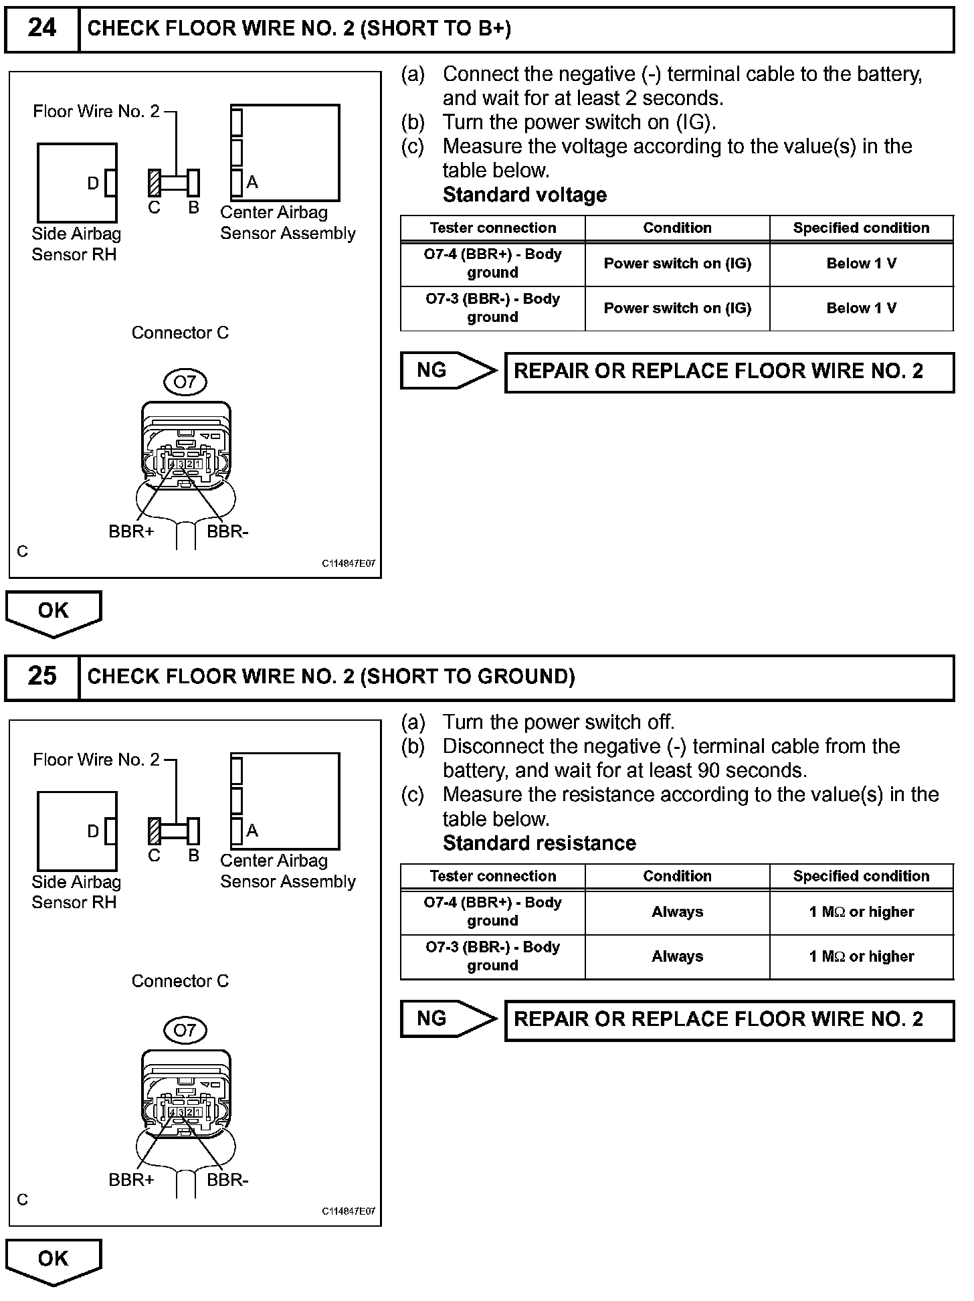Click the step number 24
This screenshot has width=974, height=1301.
tap(41, 29)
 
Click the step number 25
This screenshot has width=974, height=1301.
tap(41, 677)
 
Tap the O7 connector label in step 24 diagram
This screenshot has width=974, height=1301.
tap(185, 382)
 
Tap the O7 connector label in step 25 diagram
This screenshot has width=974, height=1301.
tap(185, 1031)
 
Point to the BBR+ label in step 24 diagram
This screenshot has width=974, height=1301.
tap(131, 532)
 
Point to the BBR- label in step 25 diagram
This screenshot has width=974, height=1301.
tap(227, 1180)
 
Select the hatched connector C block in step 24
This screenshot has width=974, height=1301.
tap(155, 182)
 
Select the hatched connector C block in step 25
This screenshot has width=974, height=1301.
tap(155, 831)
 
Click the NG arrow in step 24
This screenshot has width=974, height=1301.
tap(449, 370)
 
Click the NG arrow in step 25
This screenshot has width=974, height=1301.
tap(449, 1019)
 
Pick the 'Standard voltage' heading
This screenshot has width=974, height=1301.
tap(524, 195)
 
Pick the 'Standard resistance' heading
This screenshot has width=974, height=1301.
tap(539, 843)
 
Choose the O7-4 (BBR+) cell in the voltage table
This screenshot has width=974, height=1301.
tap(493, 263)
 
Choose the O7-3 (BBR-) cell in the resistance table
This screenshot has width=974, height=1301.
tap(493, 956)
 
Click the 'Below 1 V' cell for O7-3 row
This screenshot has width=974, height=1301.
tap(861, 309)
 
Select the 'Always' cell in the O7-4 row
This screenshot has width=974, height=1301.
tap(677, 912)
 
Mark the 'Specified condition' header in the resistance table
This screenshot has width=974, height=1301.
tap(861, 876)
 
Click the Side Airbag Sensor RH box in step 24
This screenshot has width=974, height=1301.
tap(76, 183)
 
